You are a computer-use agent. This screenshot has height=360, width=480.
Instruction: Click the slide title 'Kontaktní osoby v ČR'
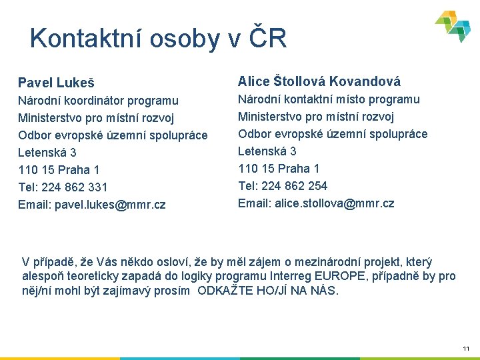(158, 39)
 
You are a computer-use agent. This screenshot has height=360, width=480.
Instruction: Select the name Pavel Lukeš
(56, 83)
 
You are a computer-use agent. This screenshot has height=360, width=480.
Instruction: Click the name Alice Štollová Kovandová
(319, 81)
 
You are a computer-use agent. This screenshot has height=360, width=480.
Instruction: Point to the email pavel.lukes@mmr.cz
(110, 205)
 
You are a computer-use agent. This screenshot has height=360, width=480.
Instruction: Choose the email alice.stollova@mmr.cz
(334, 203)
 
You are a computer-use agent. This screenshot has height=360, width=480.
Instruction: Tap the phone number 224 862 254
(293, 186)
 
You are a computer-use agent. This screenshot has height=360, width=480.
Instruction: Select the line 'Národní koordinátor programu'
(98, 101)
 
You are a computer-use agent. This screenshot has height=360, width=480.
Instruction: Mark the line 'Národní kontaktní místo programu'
(329, 99)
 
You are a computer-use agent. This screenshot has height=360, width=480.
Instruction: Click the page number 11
(465, 349)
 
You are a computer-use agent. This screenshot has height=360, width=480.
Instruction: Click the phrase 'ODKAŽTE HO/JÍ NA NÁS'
(268, 291)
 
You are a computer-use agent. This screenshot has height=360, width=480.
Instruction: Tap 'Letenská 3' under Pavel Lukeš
(47, 153)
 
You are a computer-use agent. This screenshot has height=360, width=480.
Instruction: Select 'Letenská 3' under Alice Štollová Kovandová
(267, 151)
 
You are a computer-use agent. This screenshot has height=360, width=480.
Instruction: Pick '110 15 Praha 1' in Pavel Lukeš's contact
(59, 170)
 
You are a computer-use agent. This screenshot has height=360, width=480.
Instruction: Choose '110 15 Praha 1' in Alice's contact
(279, 169)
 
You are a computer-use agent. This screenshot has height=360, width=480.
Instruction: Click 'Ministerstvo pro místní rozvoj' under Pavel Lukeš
(96, 118)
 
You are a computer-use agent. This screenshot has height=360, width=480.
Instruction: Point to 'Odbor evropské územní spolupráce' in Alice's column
(333, 134)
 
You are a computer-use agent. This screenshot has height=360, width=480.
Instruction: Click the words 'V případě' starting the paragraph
(45, 262)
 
